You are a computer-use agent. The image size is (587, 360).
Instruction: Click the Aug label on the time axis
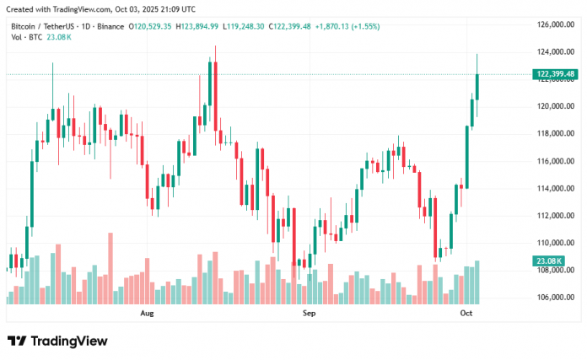pos(147,314)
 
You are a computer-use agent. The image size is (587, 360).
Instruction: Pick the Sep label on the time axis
pos(310,314)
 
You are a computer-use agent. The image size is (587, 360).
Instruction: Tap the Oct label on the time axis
pos(465,314)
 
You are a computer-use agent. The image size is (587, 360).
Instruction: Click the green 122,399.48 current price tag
pos(554,74)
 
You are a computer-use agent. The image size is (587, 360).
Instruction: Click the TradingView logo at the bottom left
pos(57,341)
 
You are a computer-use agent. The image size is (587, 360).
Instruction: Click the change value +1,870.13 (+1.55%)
pos(347,27)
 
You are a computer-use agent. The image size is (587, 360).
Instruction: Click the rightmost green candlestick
pos(477,87)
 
